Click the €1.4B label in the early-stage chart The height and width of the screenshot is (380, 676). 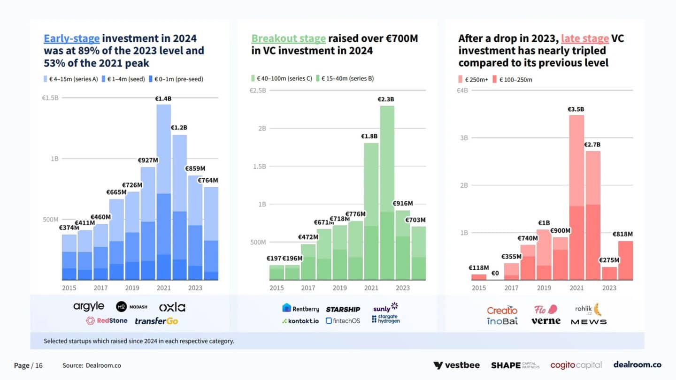pyautogui.click(x=163, y=99)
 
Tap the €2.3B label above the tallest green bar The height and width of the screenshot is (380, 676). pyautogui.click(x=386, y=99)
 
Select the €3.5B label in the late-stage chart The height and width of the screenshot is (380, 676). pyautogui.click(x=576, y=109)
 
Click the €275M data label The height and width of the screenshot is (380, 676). pyautogui.click(x=609, y=260)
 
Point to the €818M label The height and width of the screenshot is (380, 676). pyautogui.click(x=622, y=234)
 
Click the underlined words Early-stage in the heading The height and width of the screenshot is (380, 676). pyautogui.click(x=71, y=38)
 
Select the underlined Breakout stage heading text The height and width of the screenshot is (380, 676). pyautogui.click(x=288, y=38)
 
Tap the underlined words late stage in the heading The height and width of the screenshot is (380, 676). pyautogui.click(x=585, y=38)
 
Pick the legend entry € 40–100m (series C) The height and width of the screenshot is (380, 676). pyautogui.click(x=282, y=78)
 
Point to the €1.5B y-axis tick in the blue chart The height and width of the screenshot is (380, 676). pyautogui.click(x=50, y=98)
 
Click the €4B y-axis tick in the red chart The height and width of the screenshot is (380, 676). pyautogui.click(x=462, y=90)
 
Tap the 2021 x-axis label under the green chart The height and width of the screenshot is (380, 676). pyautogui.click(x=371, y=288)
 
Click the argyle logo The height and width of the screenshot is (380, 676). pyautogui.click(x=89, y=307)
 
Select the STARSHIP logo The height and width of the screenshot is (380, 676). pyautogui.click(x=343, y=309)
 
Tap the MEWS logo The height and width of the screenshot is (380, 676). pyautogui.click(x=589, y=322)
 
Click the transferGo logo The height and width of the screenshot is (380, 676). pyautogui.click(x=156, y=321)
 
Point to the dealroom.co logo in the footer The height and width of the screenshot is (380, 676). pyautogui.click(x=637, y=365)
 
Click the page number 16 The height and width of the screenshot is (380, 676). pyautogui.click(x=38, y=365)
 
